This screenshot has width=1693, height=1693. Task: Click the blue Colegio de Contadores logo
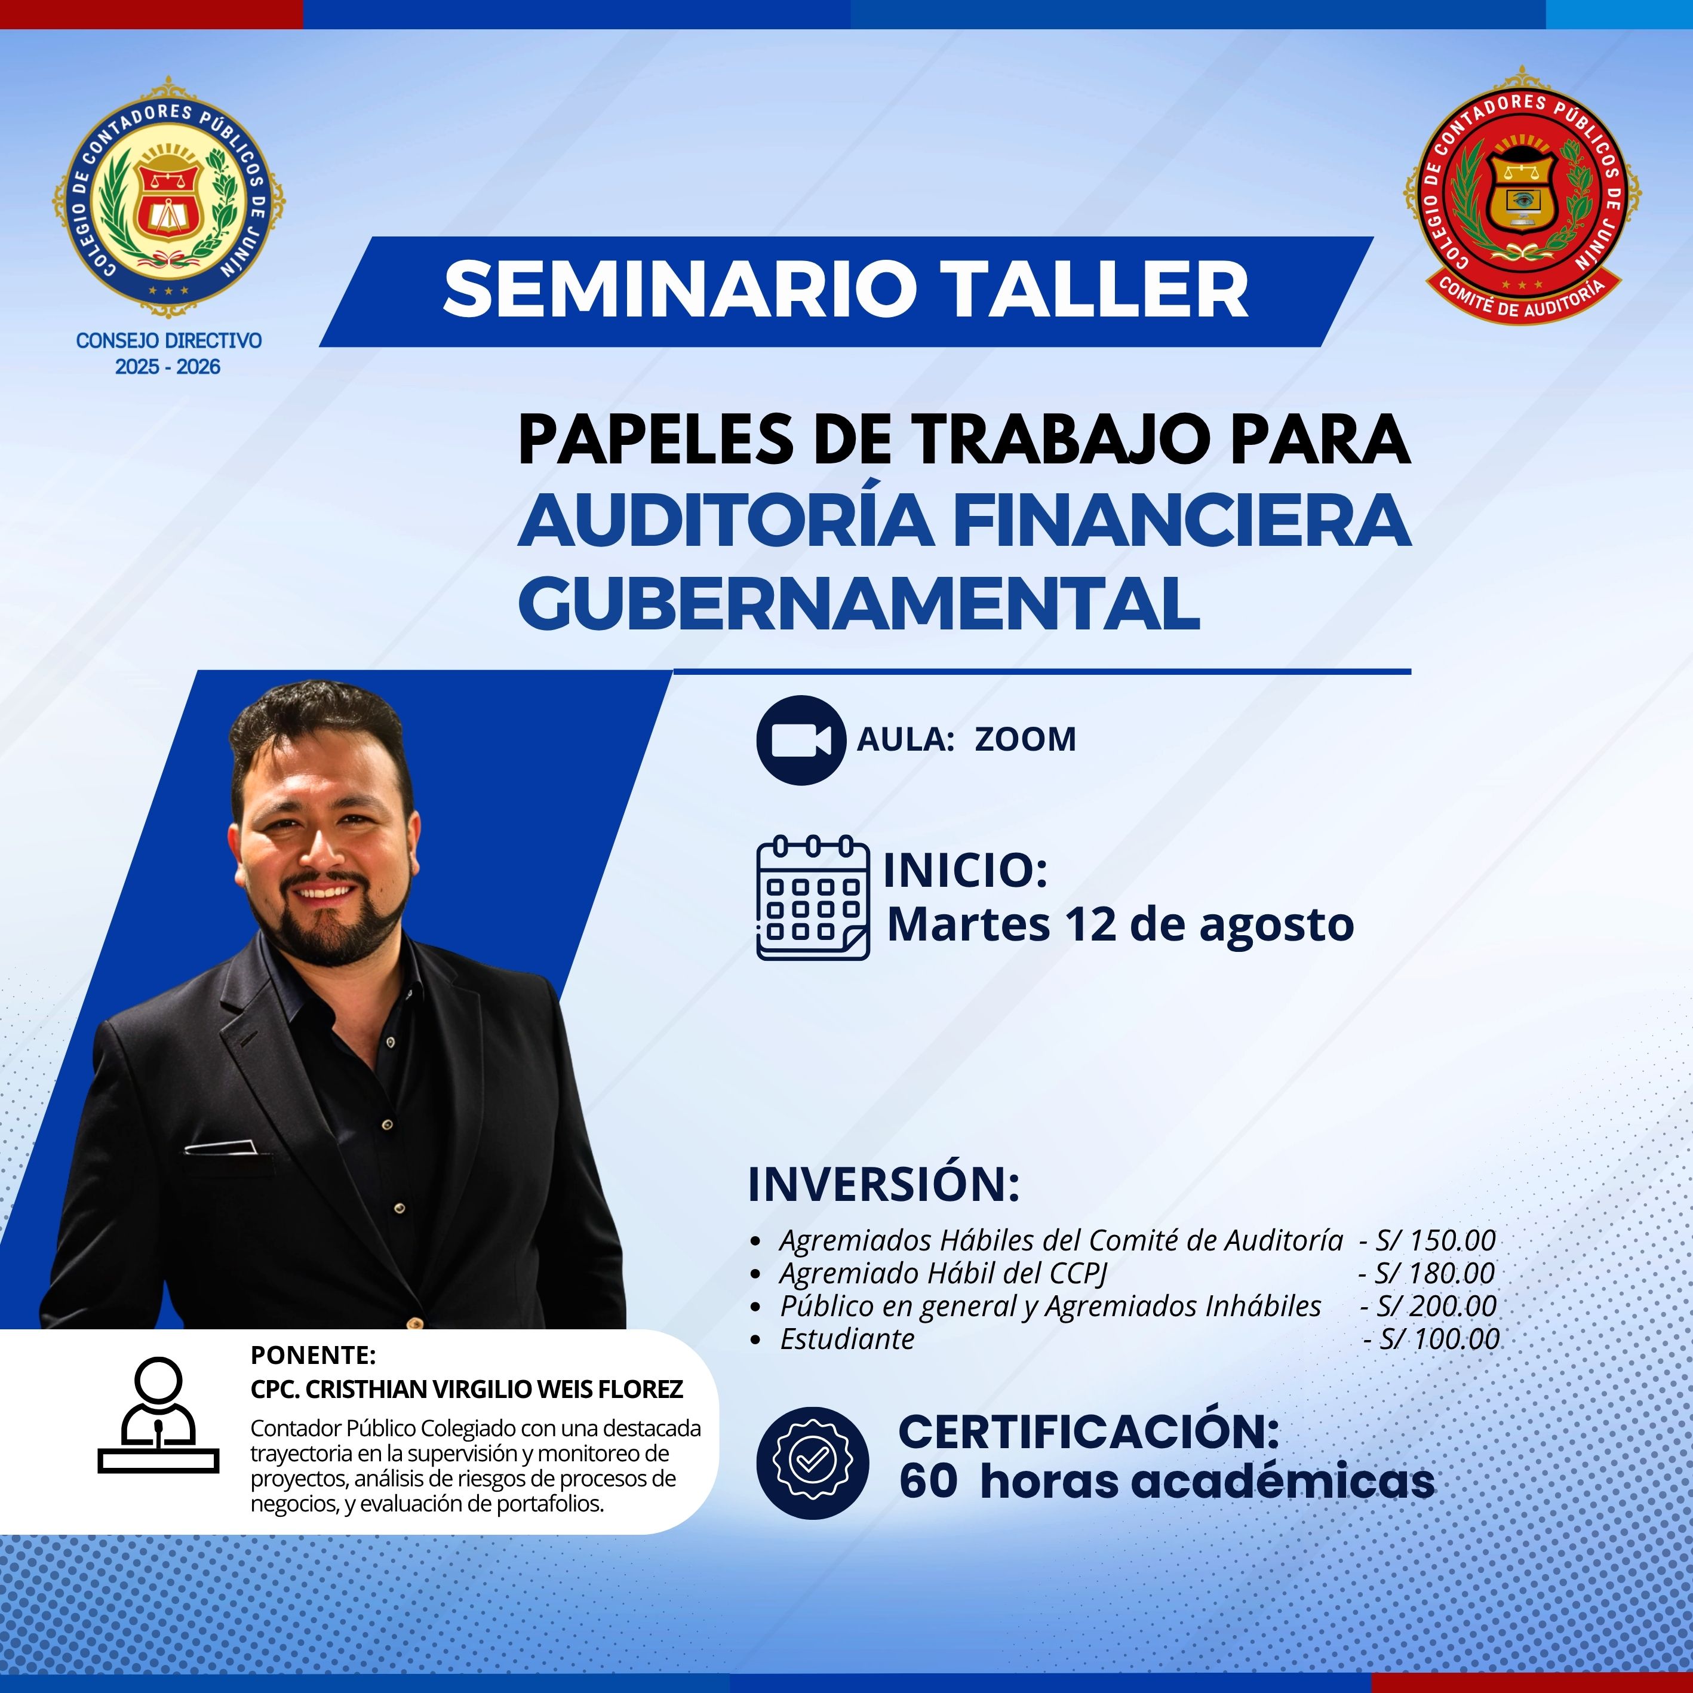[x=169, y=196]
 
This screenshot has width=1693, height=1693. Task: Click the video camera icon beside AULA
[x=800, y=739]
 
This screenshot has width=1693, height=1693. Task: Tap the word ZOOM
[x=1025, y=739]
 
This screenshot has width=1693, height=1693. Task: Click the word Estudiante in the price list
[x=847, y=1339]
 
